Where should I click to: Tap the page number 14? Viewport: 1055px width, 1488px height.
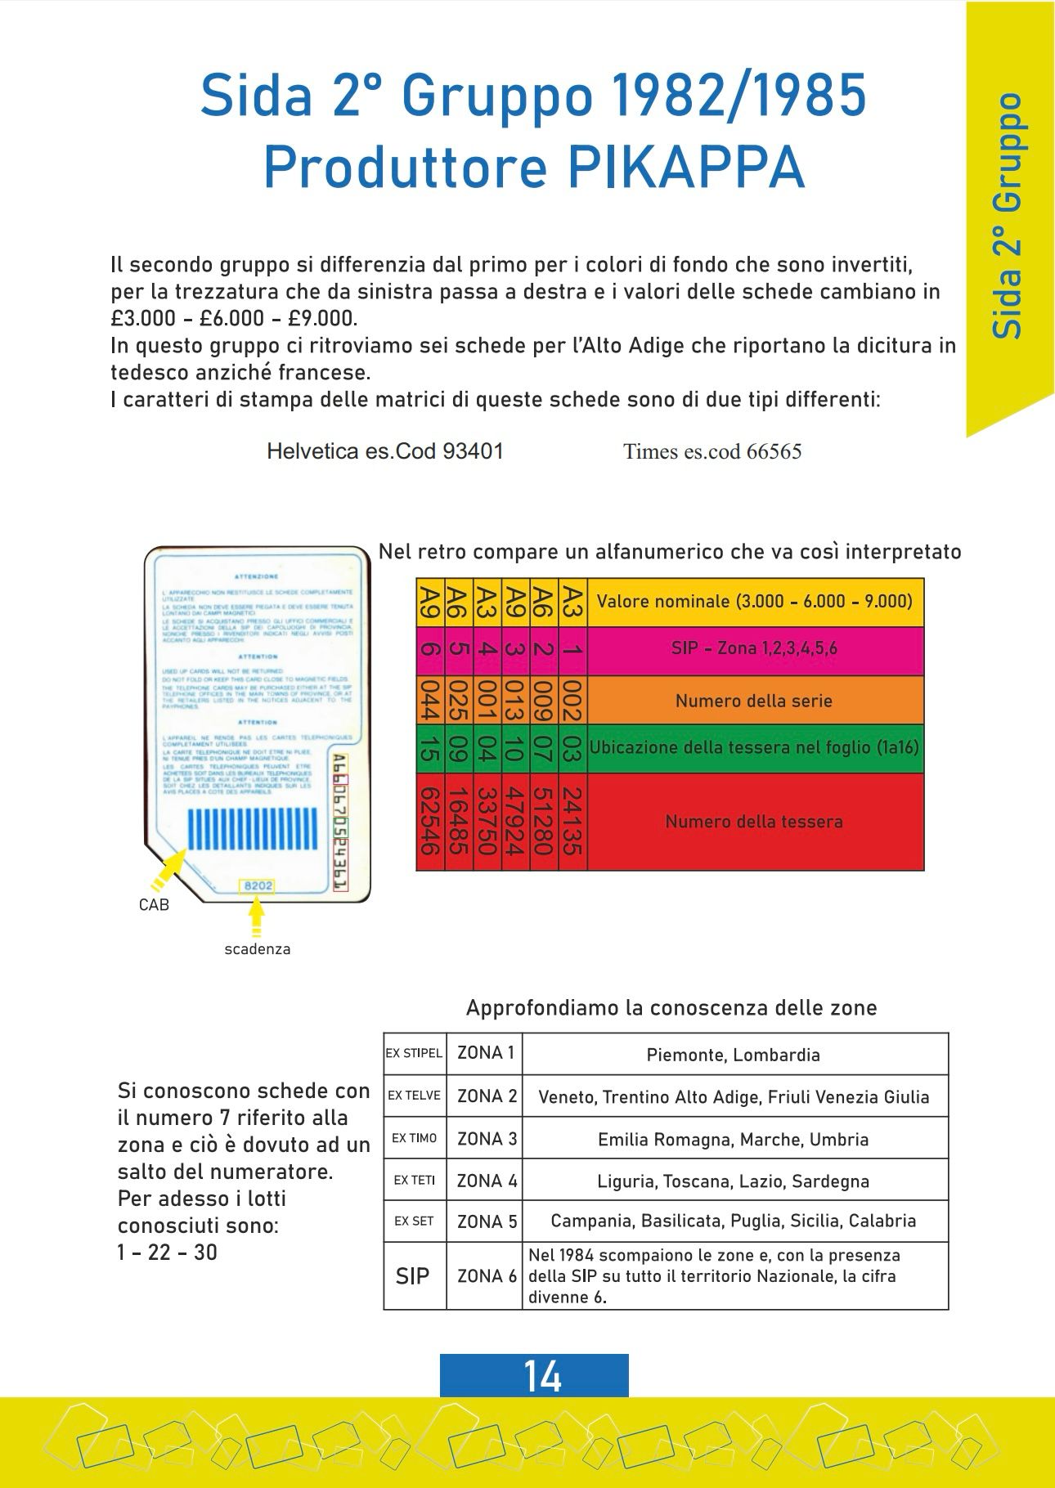click(x=541, y=1376)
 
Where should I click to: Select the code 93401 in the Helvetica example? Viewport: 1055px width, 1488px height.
click(x=472, y=450)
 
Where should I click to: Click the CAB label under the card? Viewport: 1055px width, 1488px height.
click(x=154, y=905)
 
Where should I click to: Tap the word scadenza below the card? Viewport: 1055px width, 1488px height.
click(x=258, y=949)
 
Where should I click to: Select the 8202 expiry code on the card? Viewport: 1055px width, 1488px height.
click(x=258, y=886)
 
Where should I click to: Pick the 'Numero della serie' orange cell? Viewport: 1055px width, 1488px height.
click(x=754, y=701)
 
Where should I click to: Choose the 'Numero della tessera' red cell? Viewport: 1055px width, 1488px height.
click(x=754, y=822)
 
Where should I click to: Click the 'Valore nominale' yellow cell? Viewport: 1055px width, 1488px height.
click(x=754, y=602)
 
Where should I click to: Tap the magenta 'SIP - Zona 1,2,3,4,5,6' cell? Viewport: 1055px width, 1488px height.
click(x=754, y=650)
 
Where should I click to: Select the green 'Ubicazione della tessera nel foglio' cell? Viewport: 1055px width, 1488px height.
click(x=754, y=748)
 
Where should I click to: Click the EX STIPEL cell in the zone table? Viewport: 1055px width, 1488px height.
click(x=414, y=1053)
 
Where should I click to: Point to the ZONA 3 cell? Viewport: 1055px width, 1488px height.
click(x=486, y=1138)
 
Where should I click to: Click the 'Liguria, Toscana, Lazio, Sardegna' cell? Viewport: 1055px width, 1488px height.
click(x=734, y=1181)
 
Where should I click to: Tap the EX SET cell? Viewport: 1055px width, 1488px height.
click(x=414, y=1221)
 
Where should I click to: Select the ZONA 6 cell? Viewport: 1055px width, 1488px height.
click(x=486, y=1276)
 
